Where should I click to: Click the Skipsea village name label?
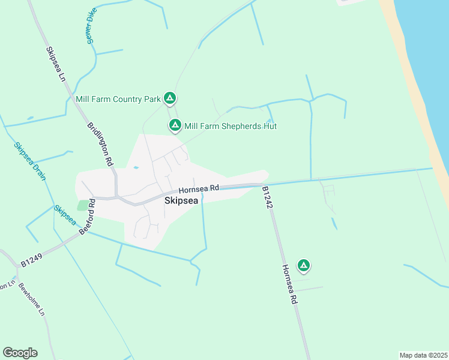tap(181, 202)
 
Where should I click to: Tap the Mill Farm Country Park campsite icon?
tap(170, 98)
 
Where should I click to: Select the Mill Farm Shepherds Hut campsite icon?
tap(175, 125)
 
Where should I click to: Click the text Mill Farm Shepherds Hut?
tap(230, 126)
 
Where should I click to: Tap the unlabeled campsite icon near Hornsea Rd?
tap(304, 265)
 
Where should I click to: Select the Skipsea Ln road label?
tap(55, 64)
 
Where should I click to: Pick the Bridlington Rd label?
tap(100, 144)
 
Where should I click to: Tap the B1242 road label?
tap(268, 197)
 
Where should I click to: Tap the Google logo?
tap(20, 353)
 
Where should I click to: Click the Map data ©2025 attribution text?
tap(423, 355)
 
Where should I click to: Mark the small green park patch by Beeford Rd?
tap(82, 205)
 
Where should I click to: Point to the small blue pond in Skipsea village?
tap(136, 168)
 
